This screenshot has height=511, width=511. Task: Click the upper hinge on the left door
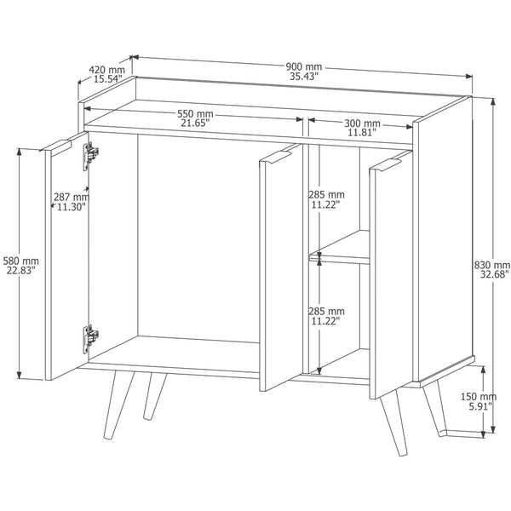(x=90, y=156)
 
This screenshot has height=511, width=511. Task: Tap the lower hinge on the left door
(x=90, y=339)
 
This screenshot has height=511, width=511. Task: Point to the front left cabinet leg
(x=118, y=405)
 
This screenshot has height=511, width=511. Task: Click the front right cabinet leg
(x=393, y=422)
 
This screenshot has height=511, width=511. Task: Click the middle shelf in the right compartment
(x=339, y=248)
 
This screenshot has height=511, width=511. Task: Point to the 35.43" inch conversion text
(x=304, y=77)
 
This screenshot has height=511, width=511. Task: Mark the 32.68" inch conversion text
(x=494, y=275)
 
